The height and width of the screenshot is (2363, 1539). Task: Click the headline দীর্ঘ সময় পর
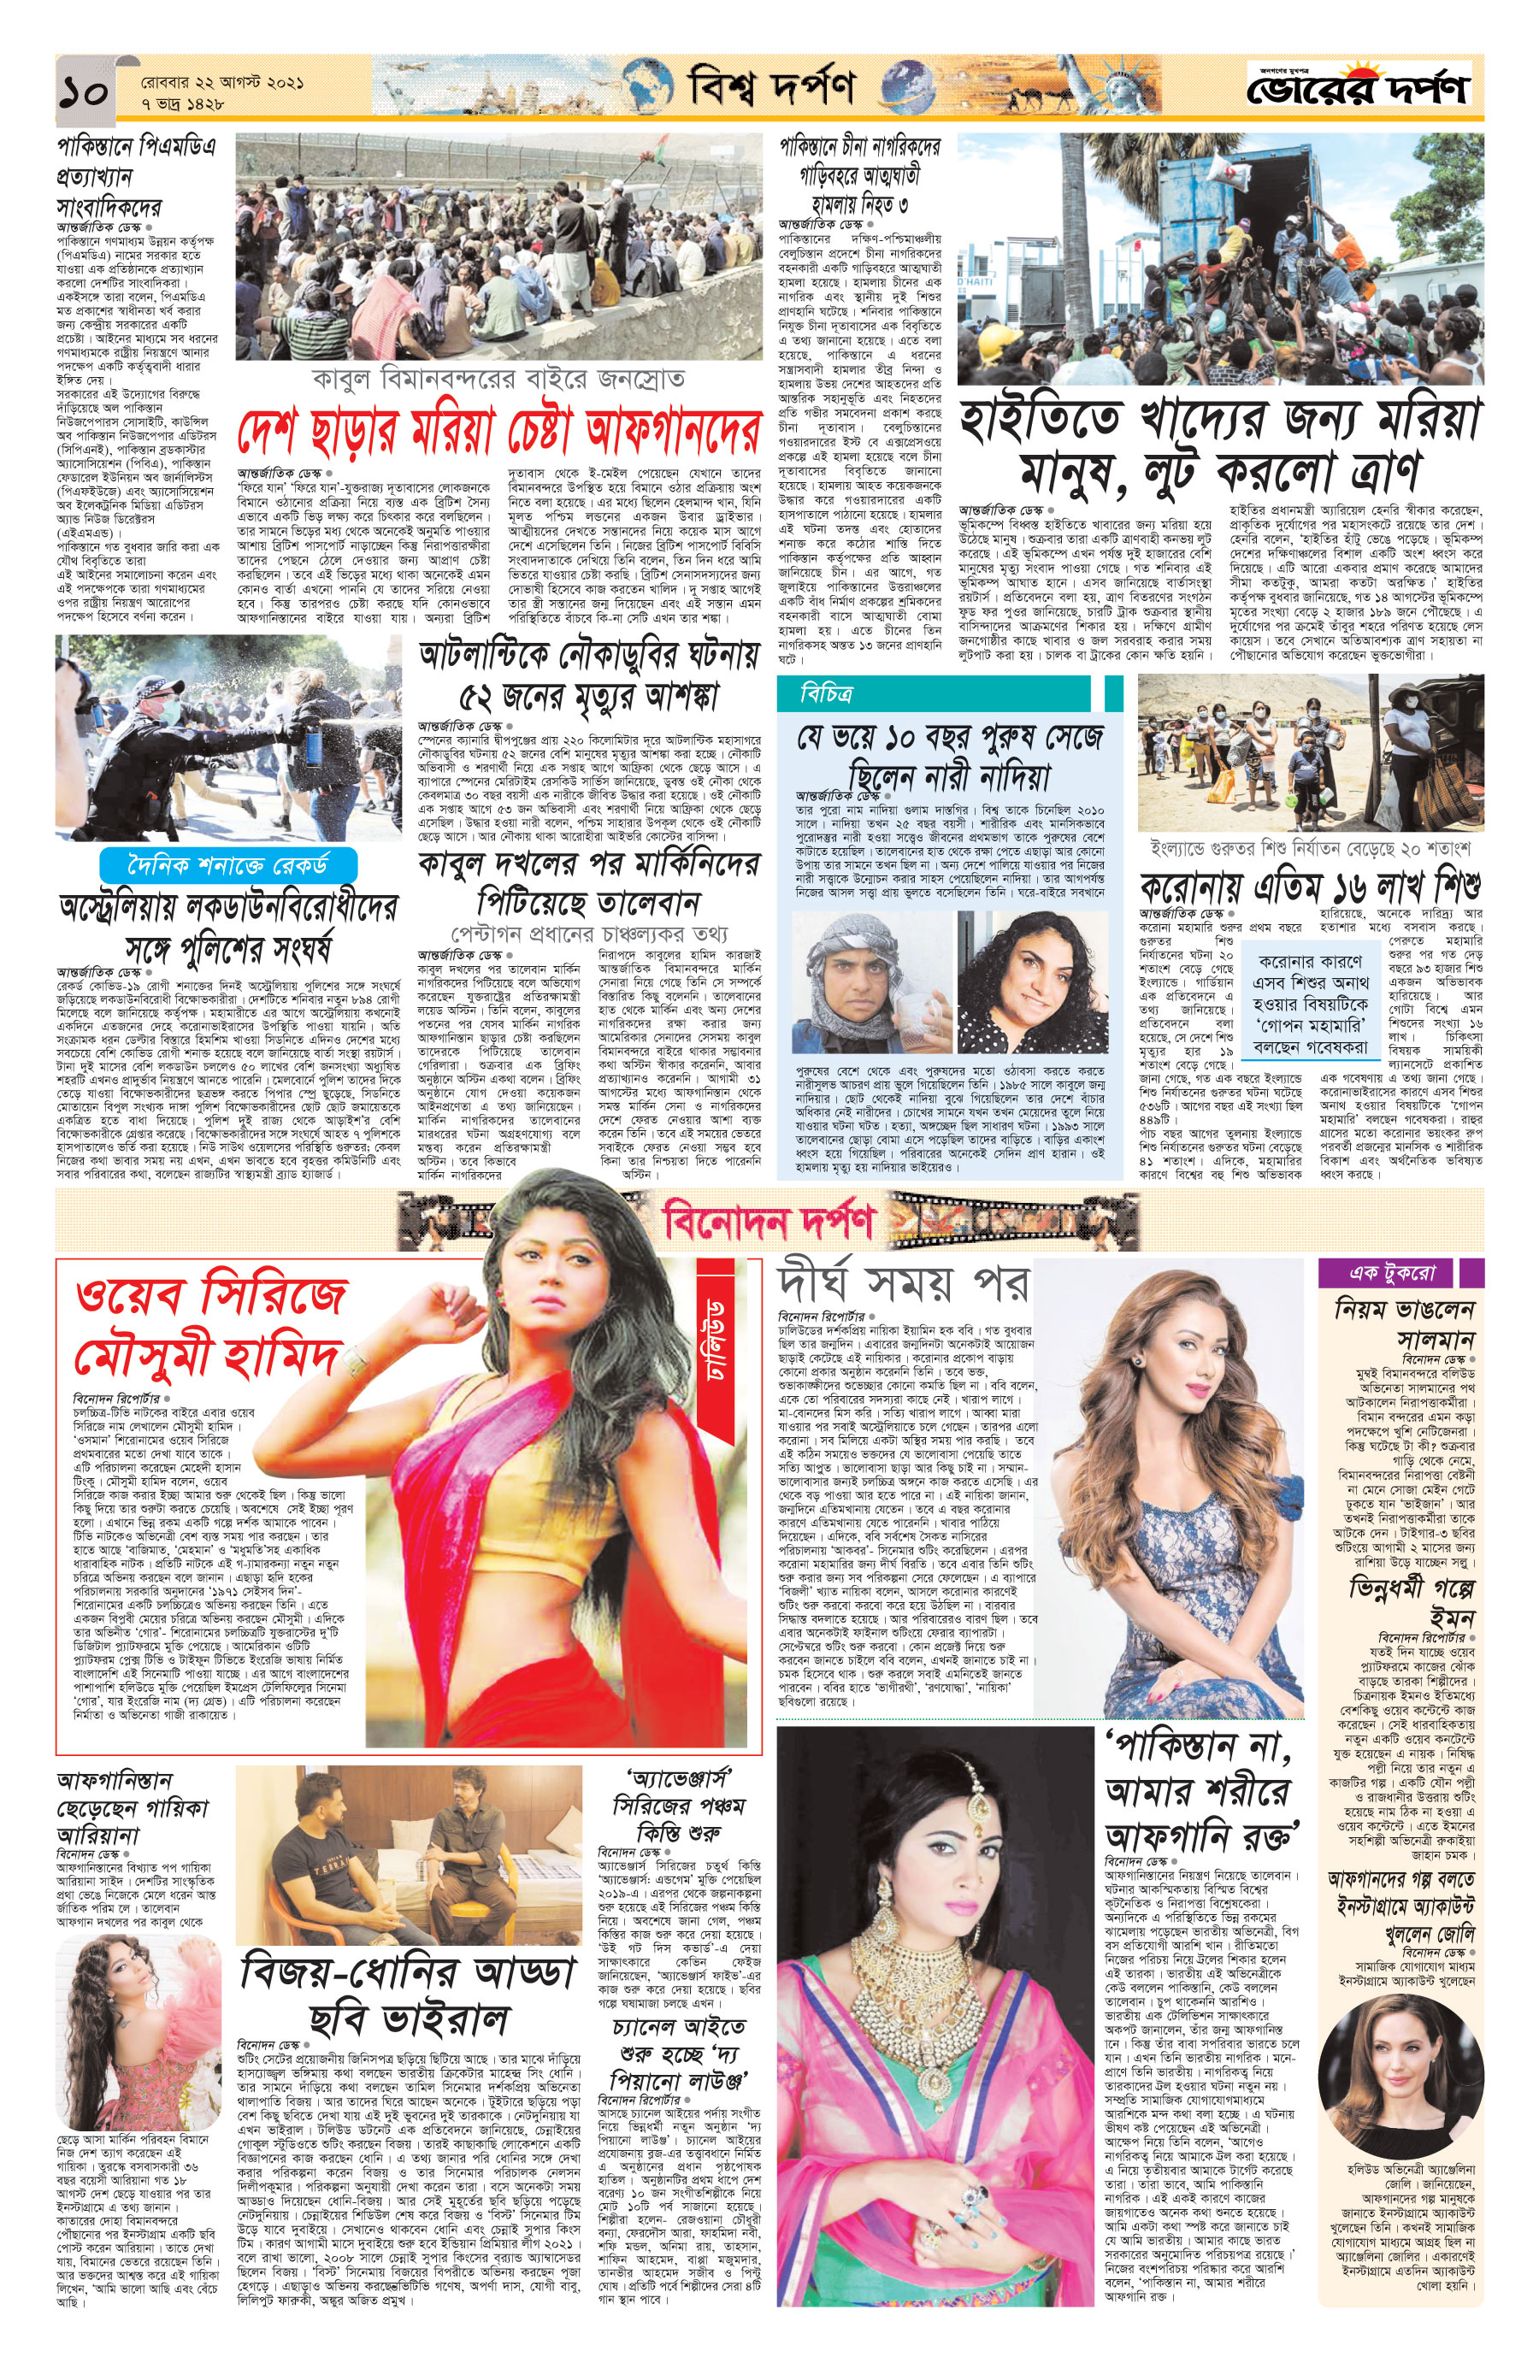pyautogui.click(x=903, y=1282)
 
